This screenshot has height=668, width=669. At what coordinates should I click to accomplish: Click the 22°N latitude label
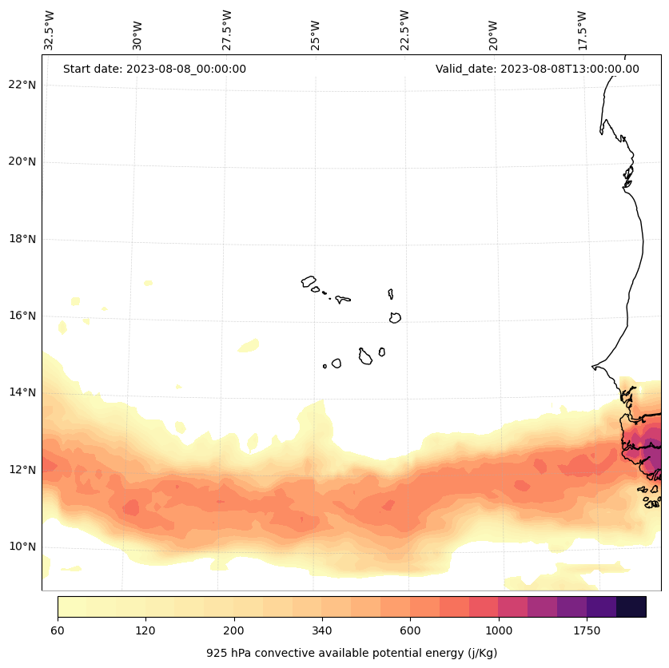[20, 85]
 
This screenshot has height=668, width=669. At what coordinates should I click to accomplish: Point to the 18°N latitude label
[20, 239]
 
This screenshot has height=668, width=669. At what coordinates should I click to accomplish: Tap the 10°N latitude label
[20, 547]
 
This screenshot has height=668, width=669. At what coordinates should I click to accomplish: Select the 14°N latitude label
[20, 392]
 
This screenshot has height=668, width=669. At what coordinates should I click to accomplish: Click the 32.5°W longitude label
[50, 30]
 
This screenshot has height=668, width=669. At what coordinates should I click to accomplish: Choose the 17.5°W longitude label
[582, 30]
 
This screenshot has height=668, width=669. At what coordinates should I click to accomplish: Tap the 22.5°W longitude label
[404, 30]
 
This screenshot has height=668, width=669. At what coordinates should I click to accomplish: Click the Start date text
[154, 69]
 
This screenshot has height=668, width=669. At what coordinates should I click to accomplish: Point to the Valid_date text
[537, 69]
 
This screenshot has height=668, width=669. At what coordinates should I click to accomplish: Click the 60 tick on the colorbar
[58, 630]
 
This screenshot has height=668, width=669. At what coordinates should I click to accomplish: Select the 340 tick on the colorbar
[322, 630]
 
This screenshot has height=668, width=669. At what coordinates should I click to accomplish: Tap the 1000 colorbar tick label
[498, 630]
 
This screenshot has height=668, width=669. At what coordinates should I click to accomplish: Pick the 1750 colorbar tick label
[587, 630]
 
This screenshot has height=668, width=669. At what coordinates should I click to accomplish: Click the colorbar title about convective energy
[352, 653]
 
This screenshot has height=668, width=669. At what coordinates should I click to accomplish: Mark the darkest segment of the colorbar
[631, 606]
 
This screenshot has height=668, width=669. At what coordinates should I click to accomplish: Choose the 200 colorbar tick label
[233, 630]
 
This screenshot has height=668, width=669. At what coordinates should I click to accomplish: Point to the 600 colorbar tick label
[410, 630]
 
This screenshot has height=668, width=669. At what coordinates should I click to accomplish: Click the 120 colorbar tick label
[145, 630]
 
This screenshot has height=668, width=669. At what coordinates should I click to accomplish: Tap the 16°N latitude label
[20, 316]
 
